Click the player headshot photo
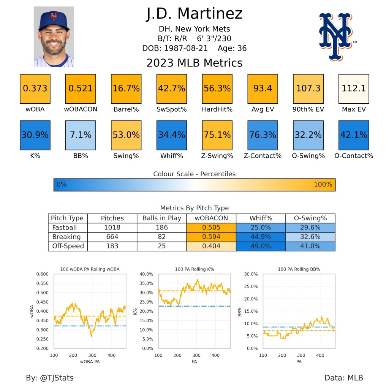point(54,36)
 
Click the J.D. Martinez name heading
point(194,14)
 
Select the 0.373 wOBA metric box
point(35,89)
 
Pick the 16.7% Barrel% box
point(126,89)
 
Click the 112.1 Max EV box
point(354,89)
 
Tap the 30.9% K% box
point(35,135)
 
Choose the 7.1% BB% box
point(81,135)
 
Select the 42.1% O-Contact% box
point(354,135)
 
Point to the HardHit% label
point(217,109)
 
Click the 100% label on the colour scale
point(323,185)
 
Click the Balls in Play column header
point(161,218)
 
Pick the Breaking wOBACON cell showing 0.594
point(211,237)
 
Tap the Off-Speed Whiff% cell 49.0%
point(261,246)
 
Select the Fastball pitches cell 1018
point(112,228)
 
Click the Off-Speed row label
point(68,246)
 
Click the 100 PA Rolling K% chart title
point(194,269)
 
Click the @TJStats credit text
point(50,378)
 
